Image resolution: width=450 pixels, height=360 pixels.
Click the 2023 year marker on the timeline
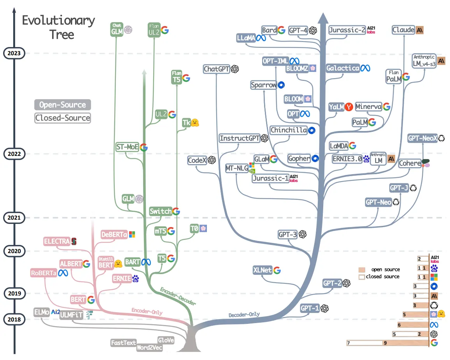point(14,53)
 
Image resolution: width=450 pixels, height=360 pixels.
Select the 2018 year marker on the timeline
point(14,319)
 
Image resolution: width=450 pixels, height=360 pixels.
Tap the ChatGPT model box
point(217,69)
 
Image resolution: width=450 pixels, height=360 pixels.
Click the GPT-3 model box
point(288,234)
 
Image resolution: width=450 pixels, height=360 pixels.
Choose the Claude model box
point(403,30)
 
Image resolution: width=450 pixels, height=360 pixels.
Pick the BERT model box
point(78,299)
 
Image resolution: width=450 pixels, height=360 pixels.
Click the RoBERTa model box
point(44,273)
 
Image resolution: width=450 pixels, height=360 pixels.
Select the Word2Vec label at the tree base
point(149,348)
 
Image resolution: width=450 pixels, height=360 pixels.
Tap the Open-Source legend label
point(63,105)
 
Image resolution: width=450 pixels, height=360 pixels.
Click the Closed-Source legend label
point(63,118)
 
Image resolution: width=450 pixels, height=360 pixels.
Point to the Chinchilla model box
point(289,130)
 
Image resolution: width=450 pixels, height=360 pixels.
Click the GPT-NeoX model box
point(422,138)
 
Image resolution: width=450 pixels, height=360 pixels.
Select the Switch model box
point(160,211)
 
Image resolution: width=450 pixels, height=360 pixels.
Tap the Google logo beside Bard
point(282,30)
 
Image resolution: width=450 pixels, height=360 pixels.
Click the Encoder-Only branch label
point(147,311)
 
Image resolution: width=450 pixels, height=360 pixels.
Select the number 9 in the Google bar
point(385,343)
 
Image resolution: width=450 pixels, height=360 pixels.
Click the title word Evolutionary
point(58,20)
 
